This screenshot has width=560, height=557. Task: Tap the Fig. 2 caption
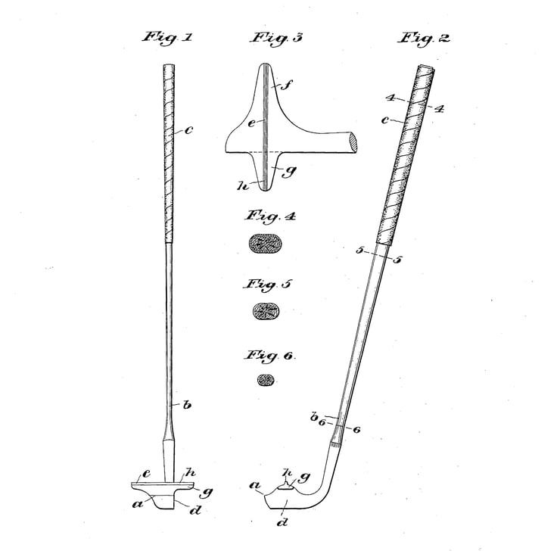point(425,37)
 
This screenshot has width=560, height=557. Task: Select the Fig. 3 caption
point(276,37)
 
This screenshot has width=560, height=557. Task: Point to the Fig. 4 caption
point(269,216)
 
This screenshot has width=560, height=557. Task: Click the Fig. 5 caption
point(267,285)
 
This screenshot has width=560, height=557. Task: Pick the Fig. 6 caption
point(269,355)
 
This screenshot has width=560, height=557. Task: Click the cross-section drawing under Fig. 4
point(265,244)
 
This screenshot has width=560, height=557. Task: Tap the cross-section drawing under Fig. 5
point(265,310)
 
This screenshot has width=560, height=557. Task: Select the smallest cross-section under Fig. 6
point(266,380)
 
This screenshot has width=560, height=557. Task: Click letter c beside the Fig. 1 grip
point(188,130)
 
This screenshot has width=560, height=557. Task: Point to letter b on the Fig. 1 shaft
point(186,405)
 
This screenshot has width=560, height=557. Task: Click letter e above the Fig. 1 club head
point(146,474)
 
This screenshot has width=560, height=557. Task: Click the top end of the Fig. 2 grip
point(427,69)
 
